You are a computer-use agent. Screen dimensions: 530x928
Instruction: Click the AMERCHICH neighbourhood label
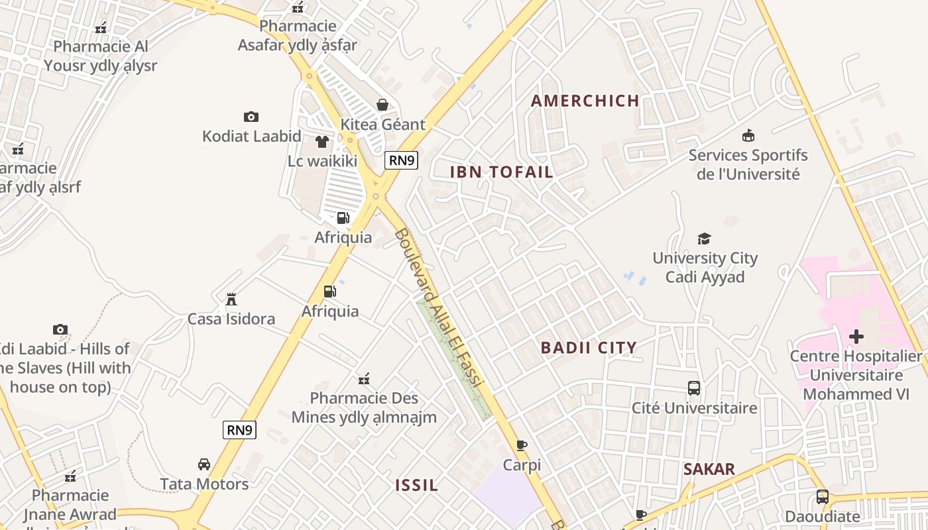coord(585,101)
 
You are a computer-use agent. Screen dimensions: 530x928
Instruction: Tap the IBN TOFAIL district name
coord(501,172)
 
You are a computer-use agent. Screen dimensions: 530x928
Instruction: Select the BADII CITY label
coord(589,348)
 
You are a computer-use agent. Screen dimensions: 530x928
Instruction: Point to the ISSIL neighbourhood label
coord(416,485)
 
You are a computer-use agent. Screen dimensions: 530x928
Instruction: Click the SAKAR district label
coord(709,469)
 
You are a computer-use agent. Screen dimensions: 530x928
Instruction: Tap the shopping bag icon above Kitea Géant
coord(382,105)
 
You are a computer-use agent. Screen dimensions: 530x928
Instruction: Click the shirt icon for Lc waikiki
coord(322,141)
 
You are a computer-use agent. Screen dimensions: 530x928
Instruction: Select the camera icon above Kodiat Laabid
coord(251,117)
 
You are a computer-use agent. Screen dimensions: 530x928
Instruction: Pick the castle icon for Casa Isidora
coord(231,299)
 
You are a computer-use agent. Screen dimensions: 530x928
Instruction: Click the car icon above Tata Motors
coord(204,464)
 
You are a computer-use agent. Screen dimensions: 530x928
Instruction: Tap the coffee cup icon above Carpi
coord(522,445)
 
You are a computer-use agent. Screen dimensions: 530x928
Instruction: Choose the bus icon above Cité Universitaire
coord(694,388)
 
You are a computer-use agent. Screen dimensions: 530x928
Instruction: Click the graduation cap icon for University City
coord(704,238)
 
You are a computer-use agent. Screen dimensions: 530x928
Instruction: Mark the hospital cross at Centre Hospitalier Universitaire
coord(856,337)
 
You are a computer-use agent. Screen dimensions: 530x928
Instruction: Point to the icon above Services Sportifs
coord(748,136)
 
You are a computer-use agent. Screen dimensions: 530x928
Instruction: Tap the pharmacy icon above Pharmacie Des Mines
coord(363,379)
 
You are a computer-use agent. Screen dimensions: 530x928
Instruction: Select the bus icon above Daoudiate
coord(822,497)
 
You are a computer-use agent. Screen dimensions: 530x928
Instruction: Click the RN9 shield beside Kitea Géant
coord(402,160)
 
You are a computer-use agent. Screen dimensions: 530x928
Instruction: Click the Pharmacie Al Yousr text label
coord(101,56)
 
